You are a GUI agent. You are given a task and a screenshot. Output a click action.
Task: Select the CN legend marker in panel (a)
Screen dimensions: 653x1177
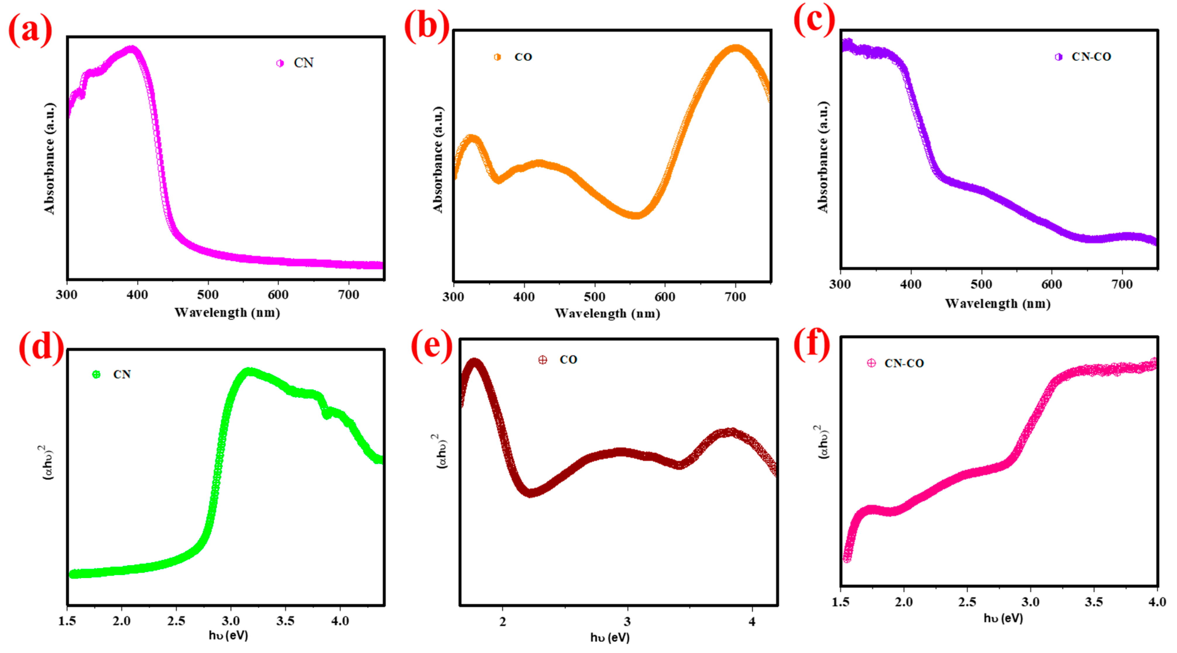280,63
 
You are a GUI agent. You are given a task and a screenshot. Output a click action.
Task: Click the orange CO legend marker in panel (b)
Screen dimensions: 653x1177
497,57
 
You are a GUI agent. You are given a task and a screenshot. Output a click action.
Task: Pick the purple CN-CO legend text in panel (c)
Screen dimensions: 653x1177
1091,57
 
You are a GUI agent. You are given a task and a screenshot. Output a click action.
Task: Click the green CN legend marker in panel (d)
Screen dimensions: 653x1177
96,375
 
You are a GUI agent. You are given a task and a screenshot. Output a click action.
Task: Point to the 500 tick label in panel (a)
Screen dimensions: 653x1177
207,295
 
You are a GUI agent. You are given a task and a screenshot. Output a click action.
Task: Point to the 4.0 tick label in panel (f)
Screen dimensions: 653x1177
1157,602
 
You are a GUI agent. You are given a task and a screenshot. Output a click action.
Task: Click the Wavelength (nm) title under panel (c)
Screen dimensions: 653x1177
997,304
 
